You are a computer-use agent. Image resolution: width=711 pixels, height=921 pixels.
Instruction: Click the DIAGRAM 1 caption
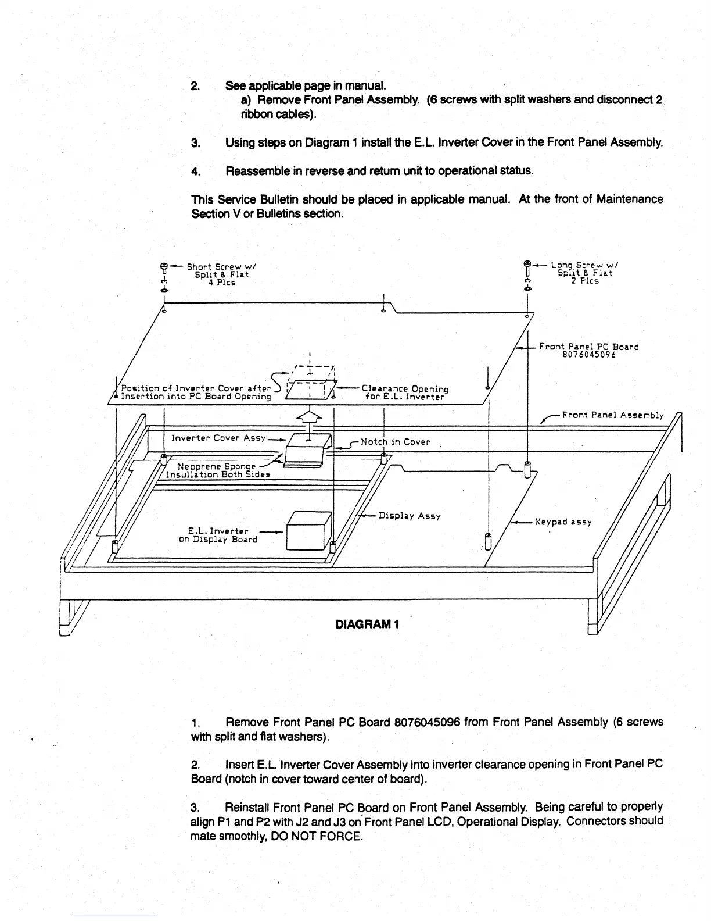(367, 624)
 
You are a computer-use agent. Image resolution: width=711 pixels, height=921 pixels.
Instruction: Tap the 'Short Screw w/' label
(221, 267)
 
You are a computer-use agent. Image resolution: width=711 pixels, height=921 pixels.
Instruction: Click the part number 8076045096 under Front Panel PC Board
(588, 355)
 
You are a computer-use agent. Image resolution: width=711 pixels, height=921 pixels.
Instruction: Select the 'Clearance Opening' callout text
(405, 388)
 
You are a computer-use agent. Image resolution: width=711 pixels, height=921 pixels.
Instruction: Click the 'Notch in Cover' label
(395, 442)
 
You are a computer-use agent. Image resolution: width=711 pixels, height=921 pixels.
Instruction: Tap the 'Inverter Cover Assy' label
(218, 438)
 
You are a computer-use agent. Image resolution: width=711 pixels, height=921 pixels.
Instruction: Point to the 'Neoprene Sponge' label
(216, 466)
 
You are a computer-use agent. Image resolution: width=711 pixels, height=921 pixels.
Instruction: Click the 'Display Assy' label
(410, 516)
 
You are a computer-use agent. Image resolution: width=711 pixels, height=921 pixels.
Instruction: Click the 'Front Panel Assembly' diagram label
(612, 415)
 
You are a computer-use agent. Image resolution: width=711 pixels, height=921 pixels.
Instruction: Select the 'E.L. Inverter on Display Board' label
(218, 535)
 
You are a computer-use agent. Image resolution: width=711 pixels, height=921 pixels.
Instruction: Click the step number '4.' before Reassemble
(195, 172)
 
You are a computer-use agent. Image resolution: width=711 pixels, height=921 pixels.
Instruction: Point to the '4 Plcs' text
(222, 283)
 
